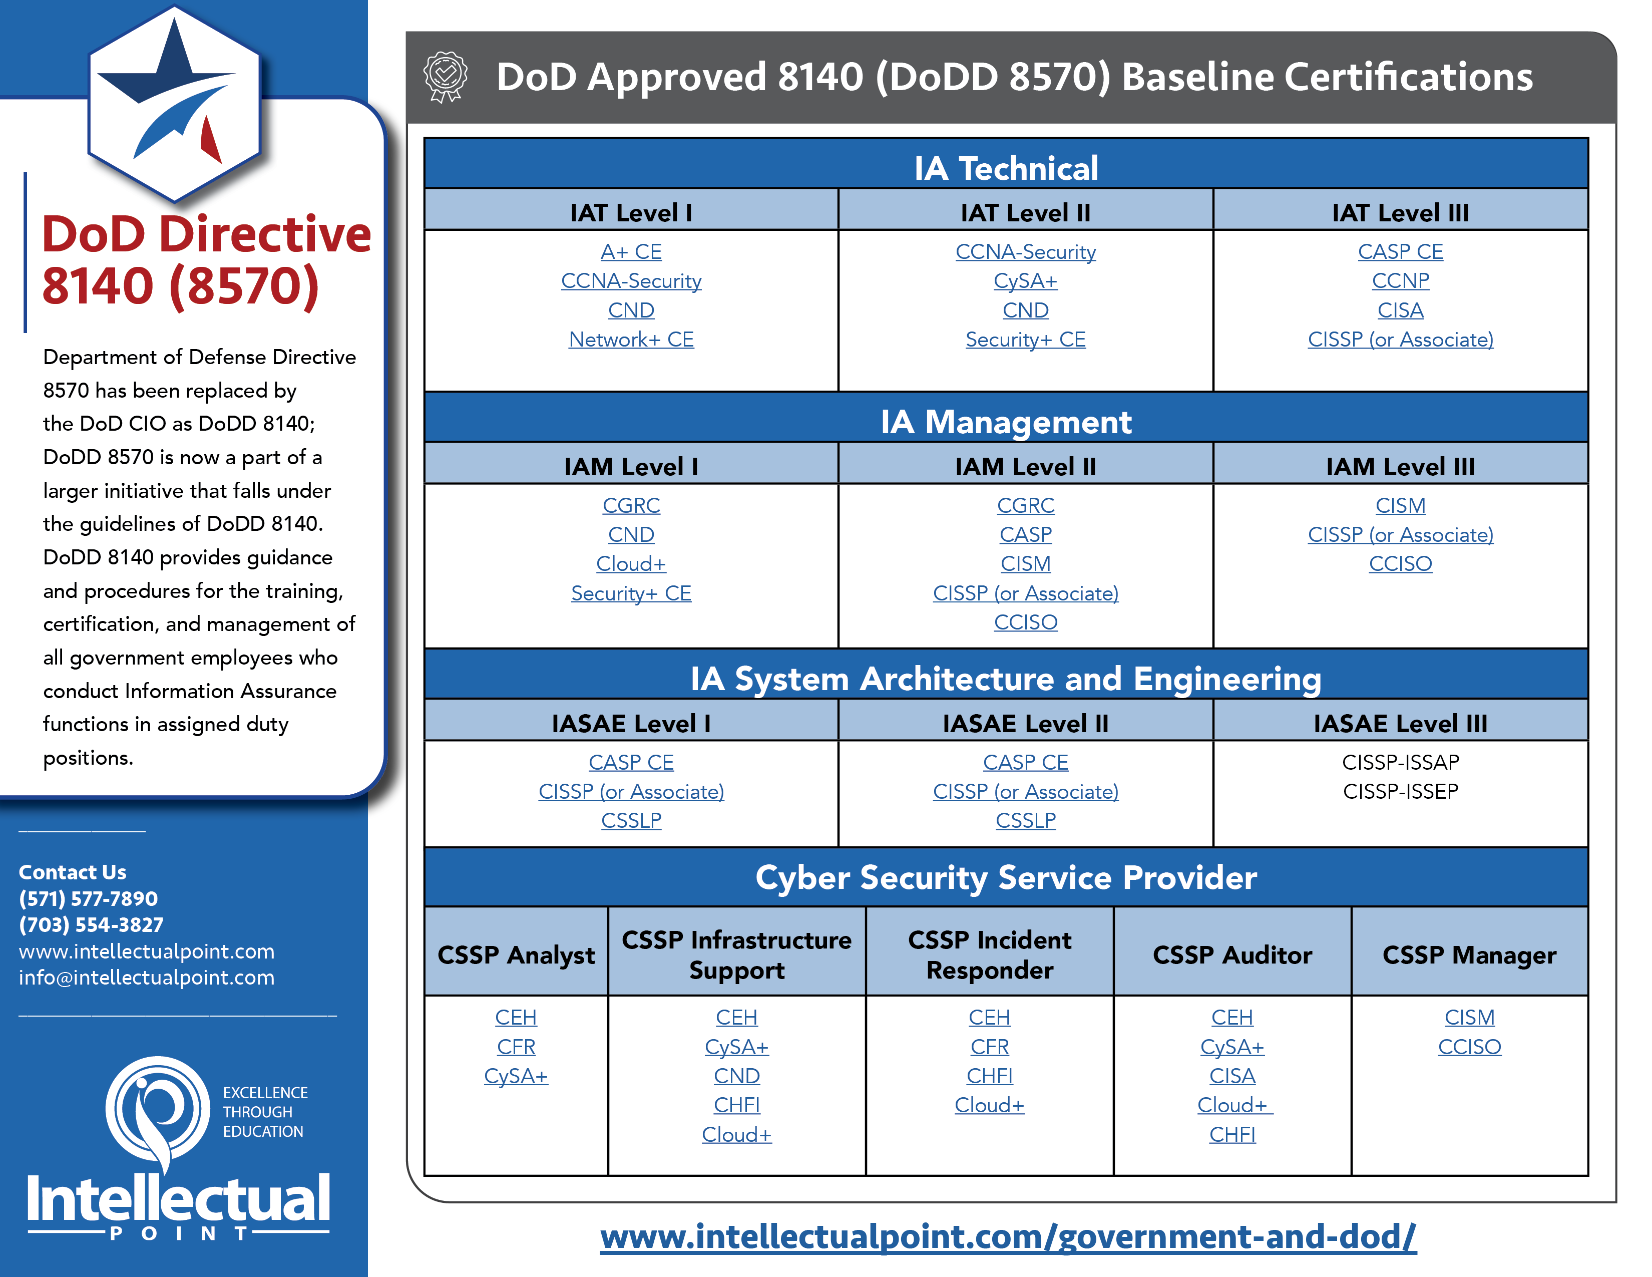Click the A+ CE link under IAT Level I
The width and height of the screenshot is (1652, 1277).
pyautogui.click(x=631, y=252)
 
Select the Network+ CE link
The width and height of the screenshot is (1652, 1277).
pyautogui.click(x=631, y=340)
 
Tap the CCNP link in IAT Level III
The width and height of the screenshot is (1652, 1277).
pyautogui.click(x=1400, y=280)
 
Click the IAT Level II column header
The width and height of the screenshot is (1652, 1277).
pyautogui.click(x=1025, y=212)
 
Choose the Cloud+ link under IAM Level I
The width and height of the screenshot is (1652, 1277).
pyautogui.click(x=631, y=563)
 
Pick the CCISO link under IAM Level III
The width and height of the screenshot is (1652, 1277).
pyautogui.click(x=1400, y=563)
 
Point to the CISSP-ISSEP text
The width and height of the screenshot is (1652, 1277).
pyautogui.click(x=1400, y=791)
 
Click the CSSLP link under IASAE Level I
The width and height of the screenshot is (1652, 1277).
pyautogui.click(x=631, y=820)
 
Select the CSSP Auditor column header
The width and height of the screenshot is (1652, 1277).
pyautogui.click(x=1232, y=954)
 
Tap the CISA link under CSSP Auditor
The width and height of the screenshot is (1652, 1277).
pyautogui.click(x=1232, y=1076)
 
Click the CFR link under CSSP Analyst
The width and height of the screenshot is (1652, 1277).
pyautogui.click(x=516, y=1047)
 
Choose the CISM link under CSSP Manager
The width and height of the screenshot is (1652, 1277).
pyautogui.click(x=1469, y=1018)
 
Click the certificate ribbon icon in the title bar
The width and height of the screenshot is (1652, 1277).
pyautogui.click(x=446, y=77)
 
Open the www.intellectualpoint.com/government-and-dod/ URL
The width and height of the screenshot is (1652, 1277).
pyautogui.click(x=1008, y=1237)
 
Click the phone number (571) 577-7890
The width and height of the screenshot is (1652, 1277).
pyautogui.click(x=89, y=899)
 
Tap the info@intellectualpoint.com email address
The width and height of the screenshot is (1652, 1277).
pyautogui.click(x=147, y=978)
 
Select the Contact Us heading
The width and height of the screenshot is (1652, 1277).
pyautogui.click(x=73, y=872)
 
